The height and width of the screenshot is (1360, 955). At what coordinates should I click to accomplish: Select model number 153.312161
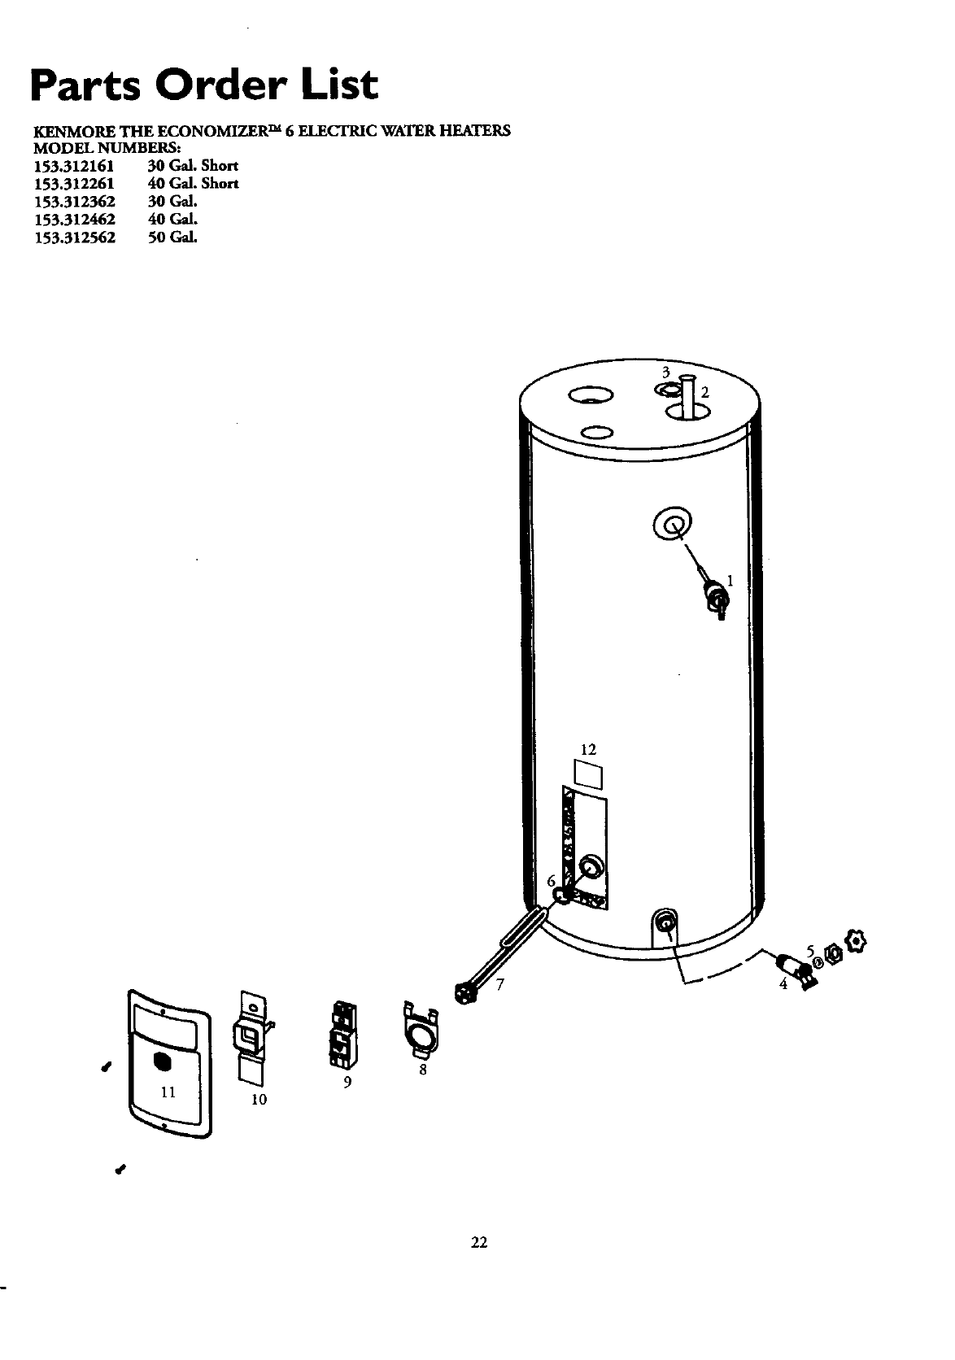pyautogui.click(x=74, y=166)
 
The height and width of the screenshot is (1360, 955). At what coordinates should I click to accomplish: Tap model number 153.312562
pyautogui.click(x=74, y=238)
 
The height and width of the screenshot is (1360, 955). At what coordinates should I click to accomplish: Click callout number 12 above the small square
pyautogui.click(x=588, y=748)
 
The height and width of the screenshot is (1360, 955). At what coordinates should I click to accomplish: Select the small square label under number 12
pyautogui.click(x=588, y=774)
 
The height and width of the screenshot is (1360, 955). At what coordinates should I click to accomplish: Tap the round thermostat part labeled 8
pyautogui.click(x=420, y=1033)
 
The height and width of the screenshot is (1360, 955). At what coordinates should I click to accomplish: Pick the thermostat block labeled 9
pyautogui.click(x=340, y=1038)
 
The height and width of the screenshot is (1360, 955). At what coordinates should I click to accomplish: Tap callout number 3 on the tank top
pyautogui.click(x=665, y=373)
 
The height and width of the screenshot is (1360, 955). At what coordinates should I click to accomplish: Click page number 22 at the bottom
pyautogui.click(x=477, y=1242)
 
